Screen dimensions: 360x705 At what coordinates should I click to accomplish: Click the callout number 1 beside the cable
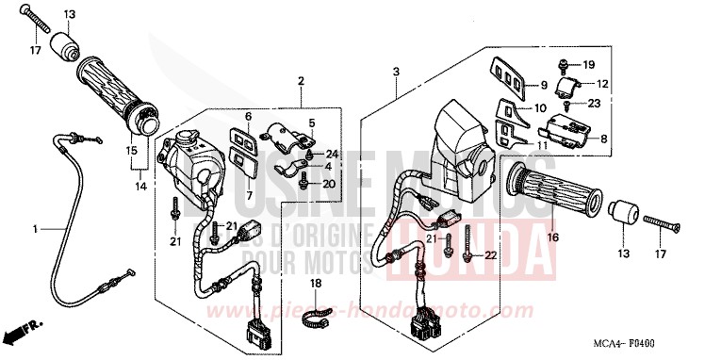coord(36,229)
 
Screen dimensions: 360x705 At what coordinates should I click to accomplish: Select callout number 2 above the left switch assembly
coord(301,81)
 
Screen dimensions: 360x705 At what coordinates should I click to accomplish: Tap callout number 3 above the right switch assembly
coord(397,72)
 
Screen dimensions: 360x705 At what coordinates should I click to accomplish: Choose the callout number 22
coord(490,255)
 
